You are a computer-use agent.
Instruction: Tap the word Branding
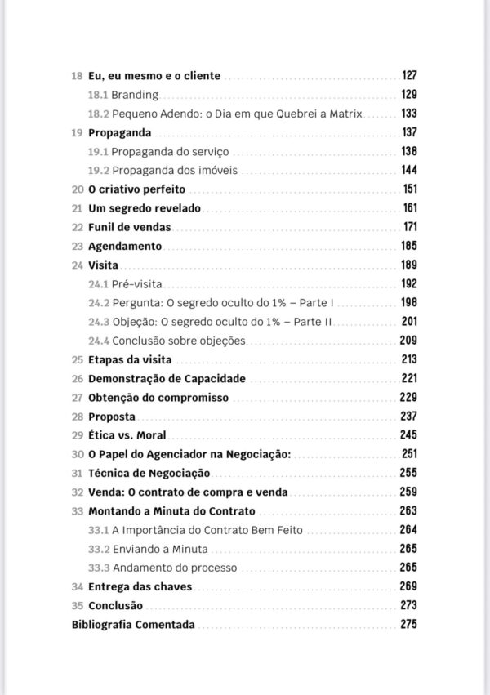135,95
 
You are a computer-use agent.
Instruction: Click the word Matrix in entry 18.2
348,114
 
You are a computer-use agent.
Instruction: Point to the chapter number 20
78,189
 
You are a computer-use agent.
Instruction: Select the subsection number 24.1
98,284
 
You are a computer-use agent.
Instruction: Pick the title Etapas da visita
131,359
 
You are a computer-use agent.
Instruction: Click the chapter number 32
78,492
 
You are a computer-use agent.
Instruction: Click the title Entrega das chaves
129,587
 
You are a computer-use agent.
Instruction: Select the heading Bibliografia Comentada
133,625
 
